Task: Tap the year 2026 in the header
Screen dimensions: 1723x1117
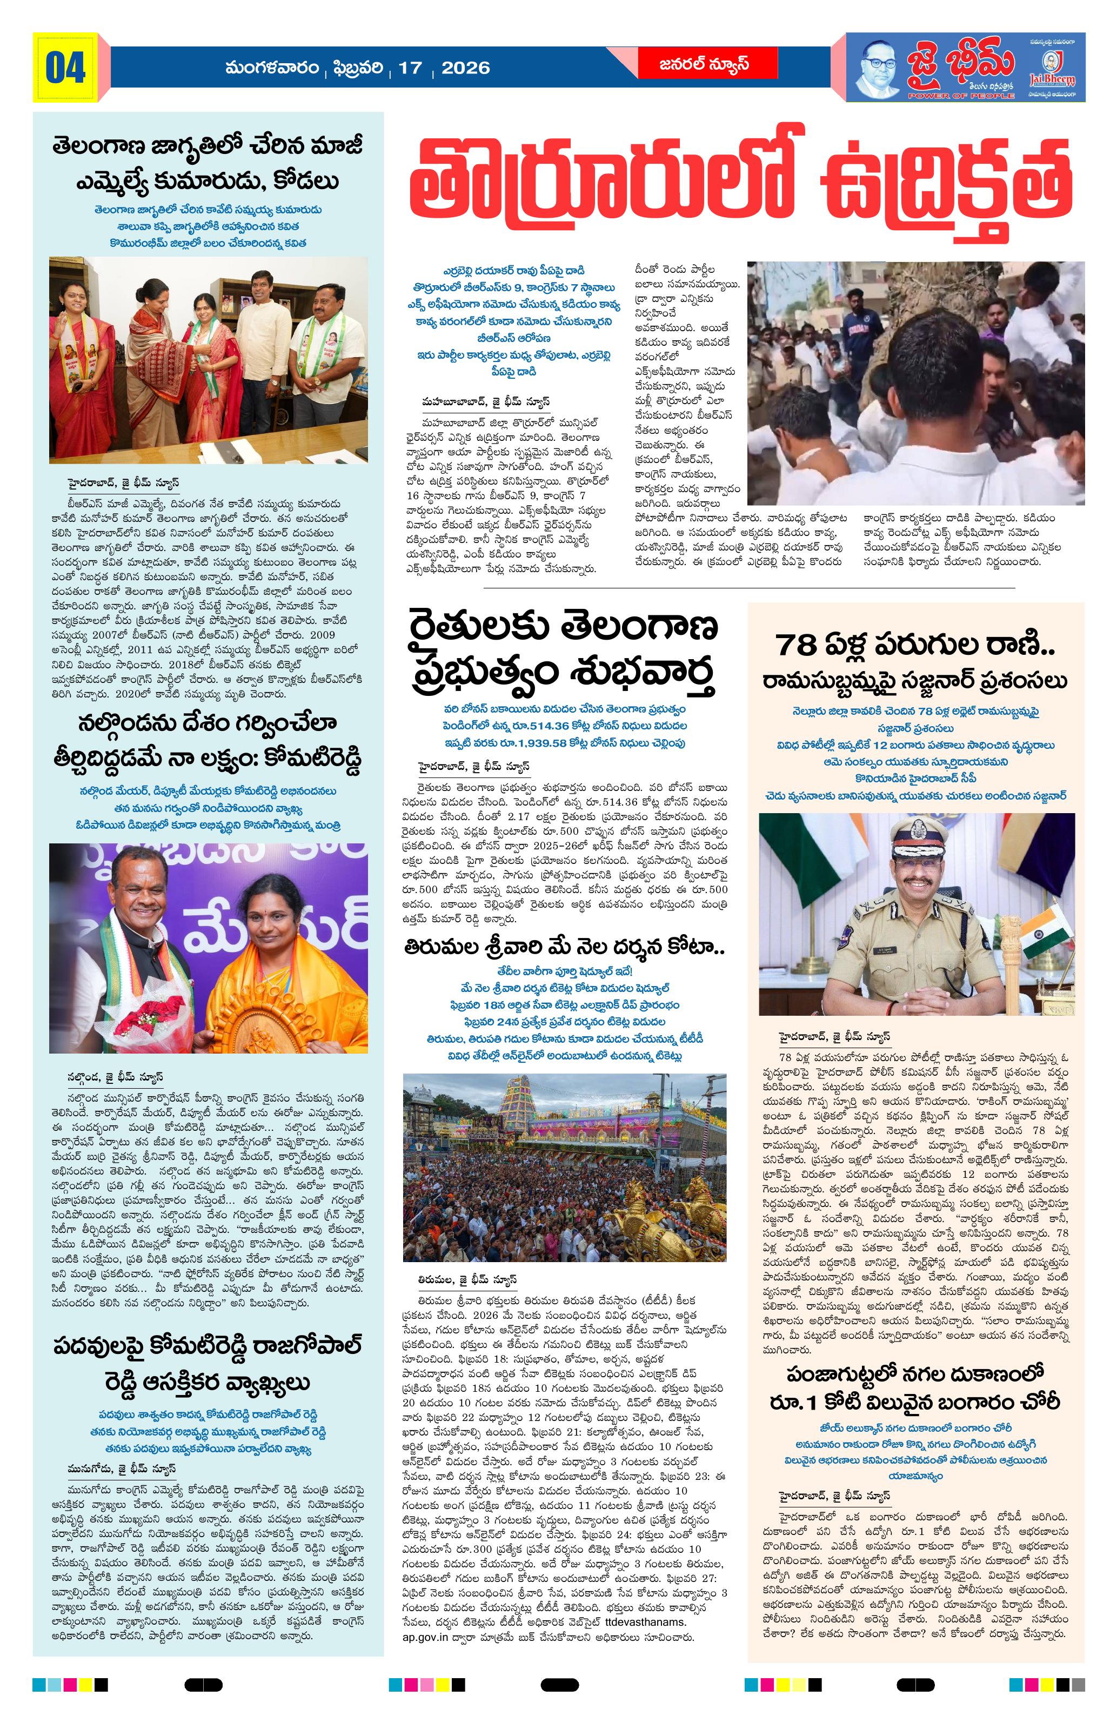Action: [465, 68]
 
